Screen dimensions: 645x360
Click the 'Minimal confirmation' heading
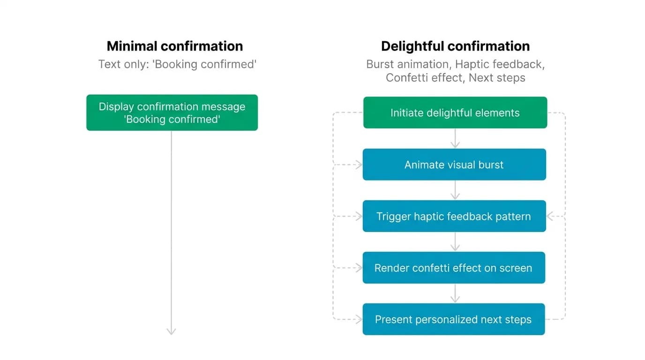pos(175,46)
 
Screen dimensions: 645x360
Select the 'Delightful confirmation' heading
pos(455,46)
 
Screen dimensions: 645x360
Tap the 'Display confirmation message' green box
pos(172,112)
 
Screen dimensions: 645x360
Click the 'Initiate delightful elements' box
pos(455,112)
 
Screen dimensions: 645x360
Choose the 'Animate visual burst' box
pos(454,165)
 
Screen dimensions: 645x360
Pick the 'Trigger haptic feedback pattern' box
pos(454,216)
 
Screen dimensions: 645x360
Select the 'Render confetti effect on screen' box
pos(454,268)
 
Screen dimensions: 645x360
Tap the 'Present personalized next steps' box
pos(454,319)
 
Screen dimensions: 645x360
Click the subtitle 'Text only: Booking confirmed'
pos(177,64)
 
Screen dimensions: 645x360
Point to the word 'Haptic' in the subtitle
pos(472,64)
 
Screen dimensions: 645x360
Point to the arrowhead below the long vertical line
pos(172,331)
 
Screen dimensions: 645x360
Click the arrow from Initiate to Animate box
pos(455,139)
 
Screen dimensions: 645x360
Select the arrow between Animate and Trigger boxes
pos(455,190)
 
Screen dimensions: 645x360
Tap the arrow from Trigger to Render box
pos(455,241)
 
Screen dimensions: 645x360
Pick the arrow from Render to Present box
pos(455,293)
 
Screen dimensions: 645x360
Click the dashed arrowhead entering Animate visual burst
pos(359,165)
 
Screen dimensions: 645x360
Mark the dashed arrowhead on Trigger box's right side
pos(550,216)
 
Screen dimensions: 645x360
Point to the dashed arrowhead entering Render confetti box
pos(359,268)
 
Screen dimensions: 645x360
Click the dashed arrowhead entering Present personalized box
pos(359,319)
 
